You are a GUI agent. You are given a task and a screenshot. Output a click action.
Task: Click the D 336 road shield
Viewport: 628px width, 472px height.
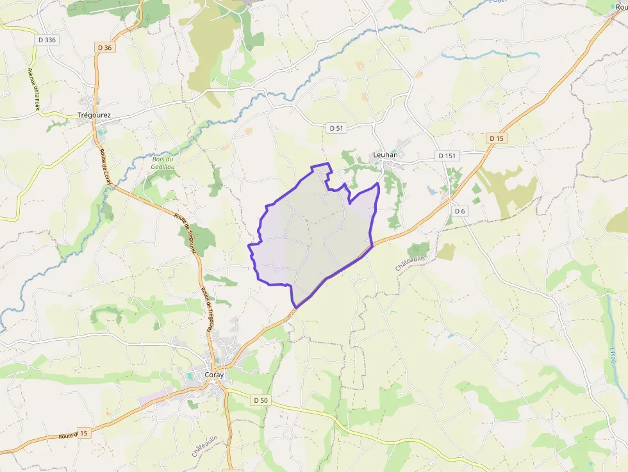pyautogui.click(x=47, y=40)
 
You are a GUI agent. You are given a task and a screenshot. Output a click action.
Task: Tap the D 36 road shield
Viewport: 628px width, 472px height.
pyautogui.click(x=106, y=47)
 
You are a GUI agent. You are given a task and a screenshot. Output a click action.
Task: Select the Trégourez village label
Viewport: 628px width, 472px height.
pyautogui.click(x=94, y=115)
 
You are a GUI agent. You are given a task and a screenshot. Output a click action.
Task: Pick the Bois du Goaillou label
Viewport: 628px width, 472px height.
pyautogui.click(x=163, y=163)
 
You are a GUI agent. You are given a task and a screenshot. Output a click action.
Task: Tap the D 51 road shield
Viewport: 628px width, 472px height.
pyautogui.click(x=336, y=128)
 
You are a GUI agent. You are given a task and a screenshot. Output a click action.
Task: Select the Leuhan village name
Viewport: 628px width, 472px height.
pyautogui.click(x=386, y=155)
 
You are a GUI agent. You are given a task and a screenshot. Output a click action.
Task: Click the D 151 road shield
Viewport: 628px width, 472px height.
pyautogui.click(x=449, y=156)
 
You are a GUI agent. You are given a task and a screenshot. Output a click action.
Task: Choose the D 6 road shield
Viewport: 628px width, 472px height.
pyautogui.click(x=459, y=211)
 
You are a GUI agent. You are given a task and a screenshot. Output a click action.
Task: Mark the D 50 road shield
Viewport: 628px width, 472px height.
pyautogui.click(x=260, y=400)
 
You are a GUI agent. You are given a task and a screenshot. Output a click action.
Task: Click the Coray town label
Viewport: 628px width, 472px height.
pyautogui.click(x=214, y=375)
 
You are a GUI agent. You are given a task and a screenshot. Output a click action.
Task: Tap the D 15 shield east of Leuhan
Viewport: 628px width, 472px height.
pyautogui.click(x=497, y=138)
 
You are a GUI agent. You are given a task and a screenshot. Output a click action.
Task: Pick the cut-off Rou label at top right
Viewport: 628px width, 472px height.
pyautogui.click(x=620, y=7)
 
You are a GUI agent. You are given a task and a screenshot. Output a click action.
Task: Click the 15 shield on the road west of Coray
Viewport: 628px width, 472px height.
pyautogui.click(x=83, y=434)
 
